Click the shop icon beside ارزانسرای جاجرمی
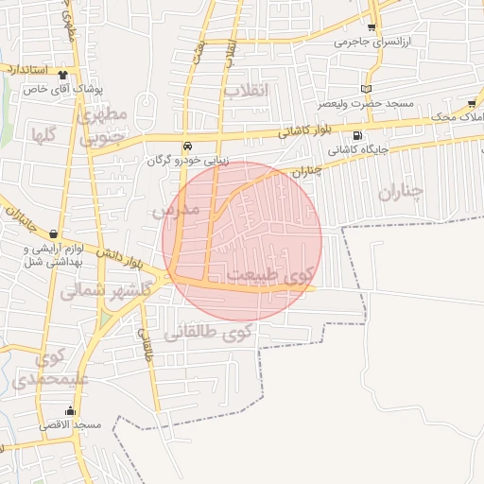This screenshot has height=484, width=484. coord(372,28)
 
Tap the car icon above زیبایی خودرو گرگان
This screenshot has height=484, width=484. coord(187,147)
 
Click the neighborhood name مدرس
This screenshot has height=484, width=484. coord(177,209)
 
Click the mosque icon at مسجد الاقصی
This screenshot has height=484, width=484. coord(69,411)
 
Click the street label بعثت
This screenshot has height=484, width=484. coord(198,54)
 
